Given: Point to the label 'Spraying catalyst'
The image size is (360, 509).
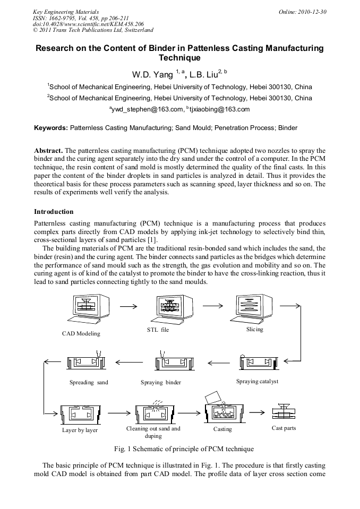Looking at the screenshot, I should (x=257, y=381).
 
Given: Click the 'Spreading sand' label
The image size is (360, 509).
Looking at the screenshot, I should (x=89, y=382).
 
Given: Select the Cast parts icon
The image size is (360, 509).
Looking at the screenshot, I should (x=284, y=411).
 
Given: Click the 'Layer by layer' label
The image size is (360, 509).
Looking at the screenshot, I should (x=80, y=430).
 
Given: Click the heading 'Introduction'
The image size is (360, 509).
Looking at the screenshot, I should (x=54, y=212).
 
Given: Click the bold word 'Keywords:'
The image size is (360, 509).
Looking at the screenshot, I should (x=51, y=128).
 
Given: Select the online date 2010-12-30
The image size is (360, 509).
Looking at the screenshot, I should (x=311, y=11).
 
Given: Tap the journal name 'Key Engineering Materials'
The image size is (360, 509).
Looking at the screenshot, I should (x=65, y=11).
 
